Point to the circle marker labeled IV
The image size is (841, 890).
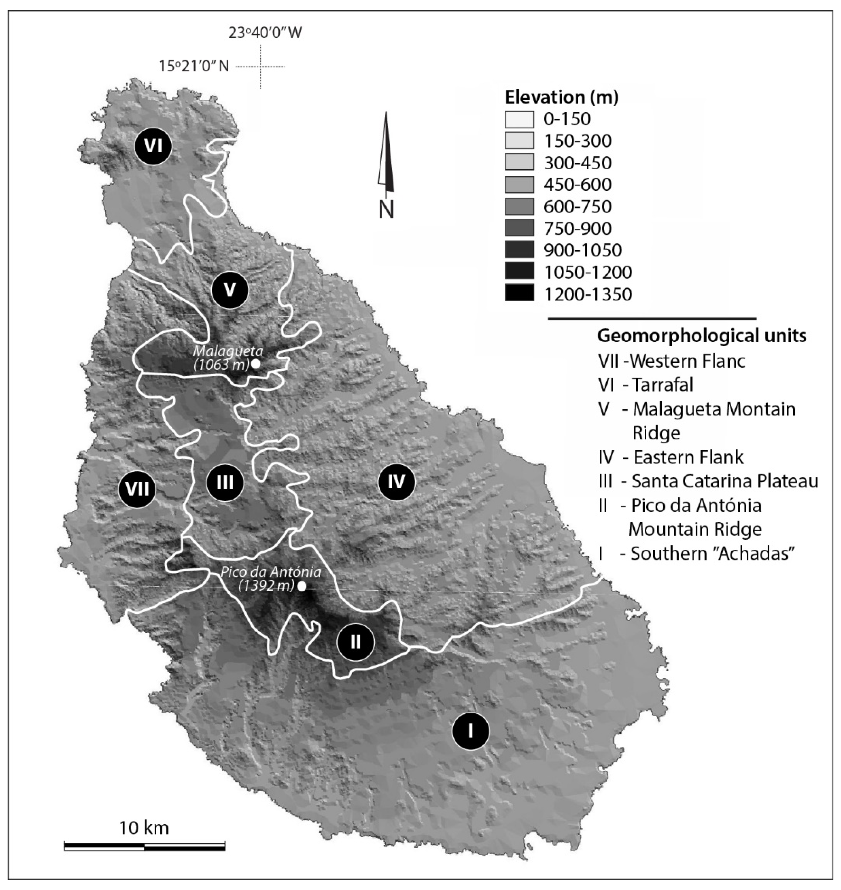397,482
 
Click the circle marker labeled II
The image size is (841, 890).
356,642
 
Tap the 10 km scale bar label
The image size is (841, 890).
144,828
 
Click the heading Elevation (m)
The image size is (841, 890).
562,97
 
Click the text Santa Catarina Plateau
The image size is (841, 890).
725,481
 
